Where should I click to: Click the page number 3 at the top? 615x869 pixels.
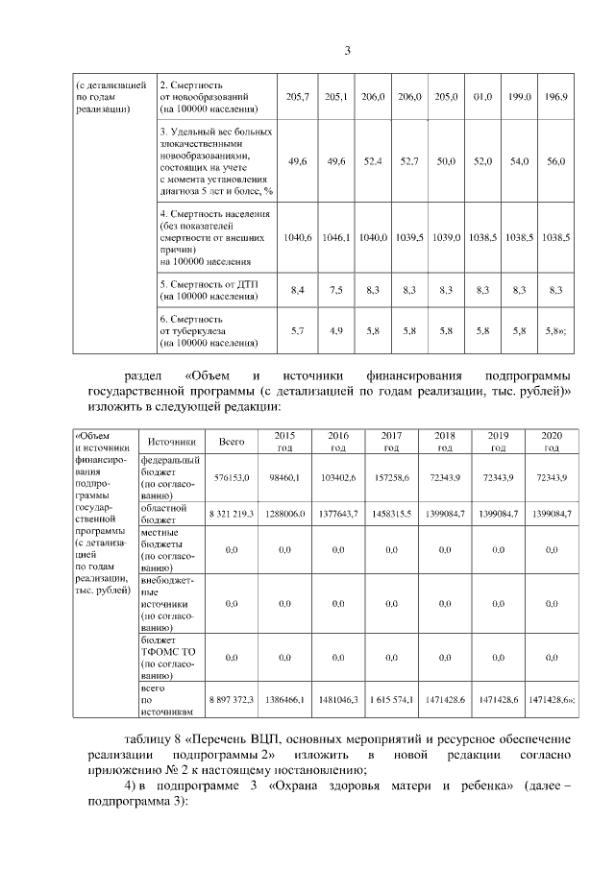349,51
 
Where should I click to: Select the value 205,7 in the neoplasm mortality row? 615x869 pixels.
299,98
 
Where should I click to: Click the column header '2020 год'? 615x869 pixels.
552,441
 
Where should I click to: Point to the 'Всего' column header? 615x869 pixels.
231,441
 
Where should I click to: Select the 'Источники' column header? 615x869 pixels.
172,441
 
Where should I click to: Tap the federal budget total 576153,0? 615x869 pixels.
232,477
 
